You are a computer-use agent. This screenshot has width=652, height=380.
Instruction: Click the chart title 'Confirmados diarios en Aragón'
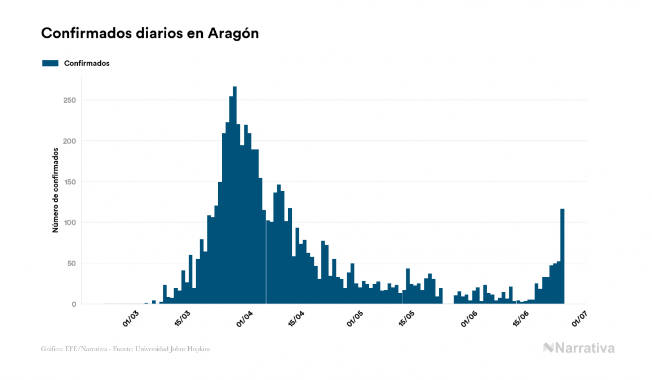(x=150, y=33)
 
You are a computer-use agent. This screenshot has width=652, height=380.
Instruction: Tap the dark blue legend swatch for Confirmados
(x=50, y=63)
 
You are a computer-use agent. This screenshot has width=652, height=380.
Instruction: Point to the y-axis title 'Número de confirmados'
(x=55, y=190)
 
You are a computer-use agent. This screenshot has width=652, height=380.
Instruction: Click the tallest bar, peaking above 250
(x=234, y=197)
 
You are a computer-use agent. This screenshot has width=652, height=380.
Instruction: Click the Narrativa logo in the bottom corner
(x=579, y=348)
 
